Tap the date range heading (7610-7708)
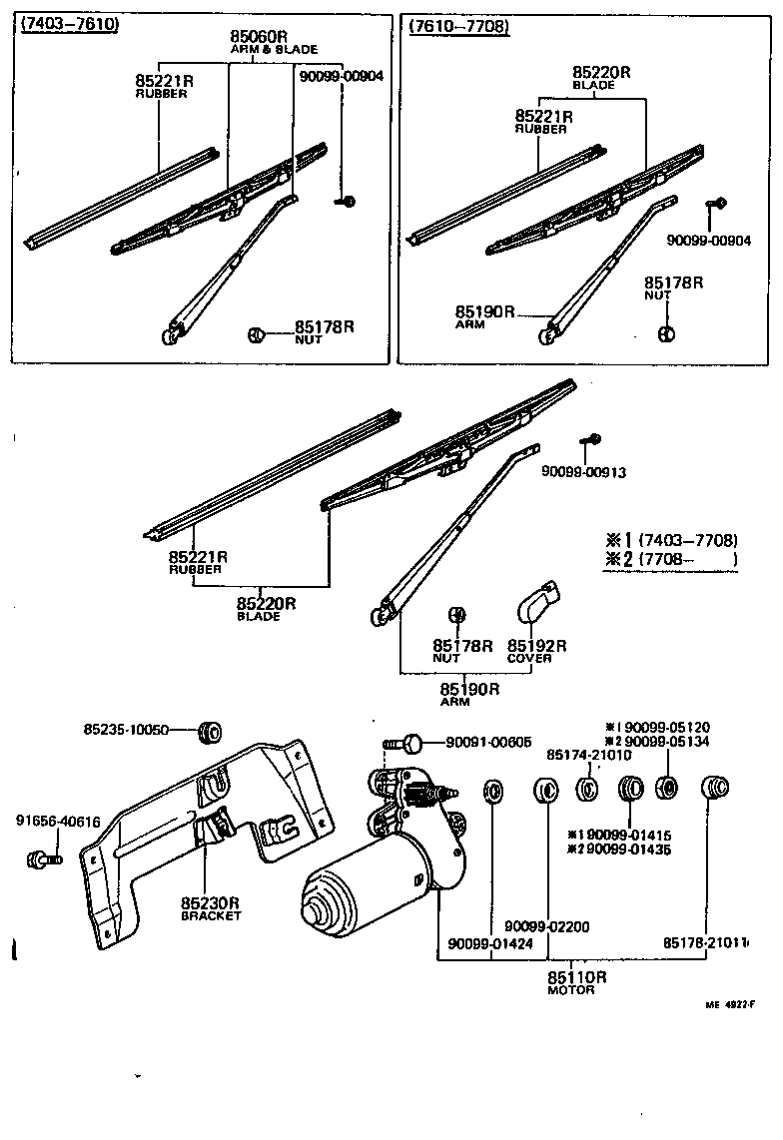click(459, 27)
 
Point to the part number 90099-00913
click(584, 472)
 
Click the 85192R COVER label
click(536, 651)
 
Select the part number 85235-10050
click(126, 730)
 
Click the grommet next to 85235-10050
click(211, 731)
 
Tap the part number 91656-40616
click(58, 822)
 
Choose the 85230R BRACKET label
click(211, 908)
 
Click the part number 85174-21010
click(588, 756)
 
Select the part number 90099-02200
click(546, 927)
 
